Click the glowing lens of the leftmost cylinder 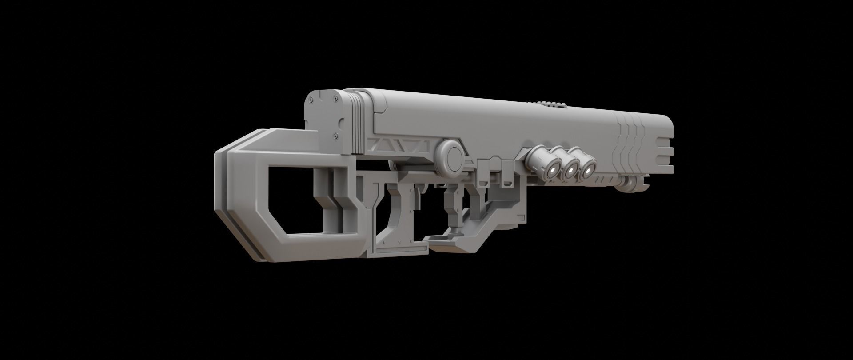553,169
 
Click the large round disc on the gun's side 451,158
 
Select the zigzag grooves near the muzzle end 631,142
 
